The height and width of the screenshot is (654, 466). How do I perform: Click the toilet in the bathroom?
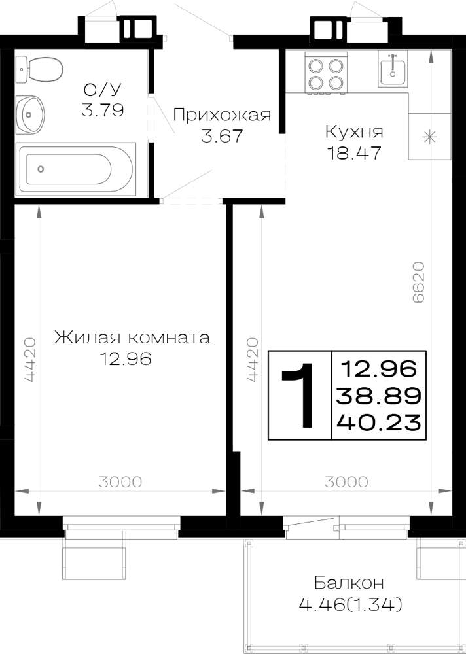click(39, 69)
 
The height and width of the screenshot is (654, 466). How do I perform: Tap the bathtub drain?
click(41, 169)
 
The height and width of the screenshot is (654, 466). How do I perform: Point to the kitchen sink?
click(393, 69)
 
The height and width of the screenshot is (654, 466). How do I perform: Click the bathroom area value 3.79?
click(103, 111)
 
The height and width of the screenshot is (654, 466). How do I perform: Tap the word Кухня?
click(354, 133)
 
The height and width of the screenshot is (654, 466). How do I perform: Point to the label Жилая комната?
click(132, 337)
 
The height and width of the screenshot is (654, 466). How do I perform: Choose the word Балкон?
click(349, 583)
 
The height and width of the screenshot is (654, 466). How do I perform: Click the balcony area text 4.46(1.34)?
click(351, 603)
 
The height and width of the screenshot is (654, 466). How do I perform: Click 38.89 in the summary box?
click(378, 396)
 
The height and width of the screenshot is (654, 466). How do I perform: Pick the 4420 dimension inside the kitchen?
click(251, 360)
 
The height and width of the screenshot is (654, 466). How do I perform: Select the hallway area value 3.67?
click(222, 137)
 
